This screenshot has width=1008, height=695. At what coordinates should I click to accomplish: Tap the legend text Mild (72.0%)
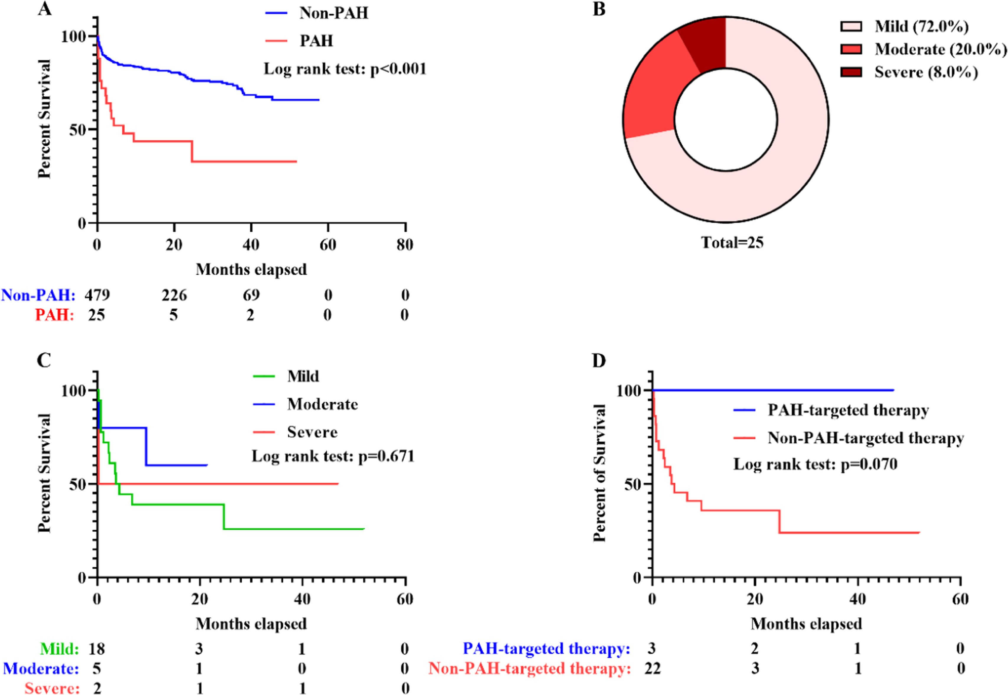pyautogui.click(x=921, y=27)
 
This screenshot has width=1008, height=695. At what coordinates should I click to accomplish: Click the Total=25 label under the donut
pyautogui.click(x=732, y=242)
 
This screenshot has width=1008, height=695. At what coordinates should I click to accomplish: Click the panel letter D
pyautogui.click(x=599, y=361)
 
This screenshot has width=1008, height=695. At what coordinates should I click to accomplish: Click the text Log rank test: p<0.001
pyautogui.click(x=345, y=69)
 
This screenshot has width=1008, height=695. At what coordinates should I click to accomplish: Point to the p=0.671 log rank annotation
pyautogui.click(x=333, y=456)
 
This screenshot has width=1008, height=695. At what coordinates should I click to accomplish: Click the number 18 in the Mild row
pyautogui.click(x=97, y=649)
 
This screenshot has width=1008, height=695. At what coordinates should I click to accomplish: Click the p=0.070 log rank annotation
pyautogui.click(x=815, y=464)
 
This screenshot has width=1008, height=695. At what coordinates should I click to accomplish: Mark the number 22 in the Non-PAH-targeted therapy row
pyautogui.click(x=652, y=668)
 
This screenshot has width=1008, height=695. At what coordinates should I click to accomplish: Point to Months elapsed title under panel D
pyautogui.click(x=806, y=623)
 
